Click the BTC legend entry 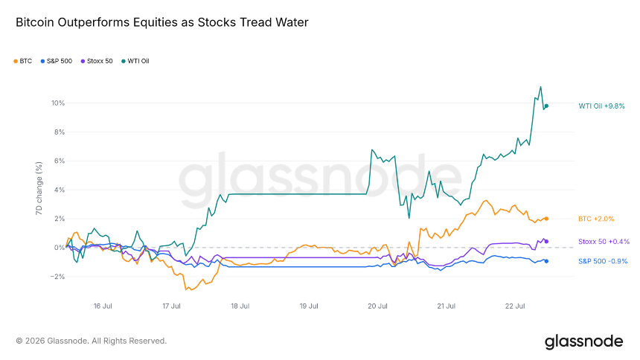click(x=23, y=61)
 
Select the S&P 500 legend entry click(x=57, y=61)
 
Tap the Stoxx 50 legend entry click(x=97, y=61)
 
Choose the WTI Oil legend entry click(x=135, y=61)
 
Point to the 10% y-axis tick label click(x=58, y=103)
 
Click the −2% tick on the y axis click(x=57, y=277)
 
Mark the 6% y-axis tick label click(x=60, y=161)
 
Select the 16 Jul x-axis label click(x=103, y=306)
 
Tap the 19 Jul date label click(x=309, y=306)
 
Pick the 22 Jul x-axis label click(x=515, y=306)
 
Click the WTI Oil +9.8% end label click(x=601, y=106)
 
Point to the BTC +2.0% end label click(x=596, y=219)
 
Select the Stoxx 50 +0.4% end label click(x=604, y=242)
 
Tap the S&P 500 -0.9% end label click(x=603, y=261)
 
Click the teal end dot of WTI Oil click(x=546, y=106)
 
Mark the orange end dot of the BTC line click(x=546, y=219)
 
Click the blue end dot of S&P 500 click(x=546, y=261)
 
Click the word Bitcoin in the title click(x=35, y=22)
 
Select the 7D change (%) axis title click(x=39, y=188)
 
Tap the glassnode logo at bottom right click(x=584, y=342)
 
